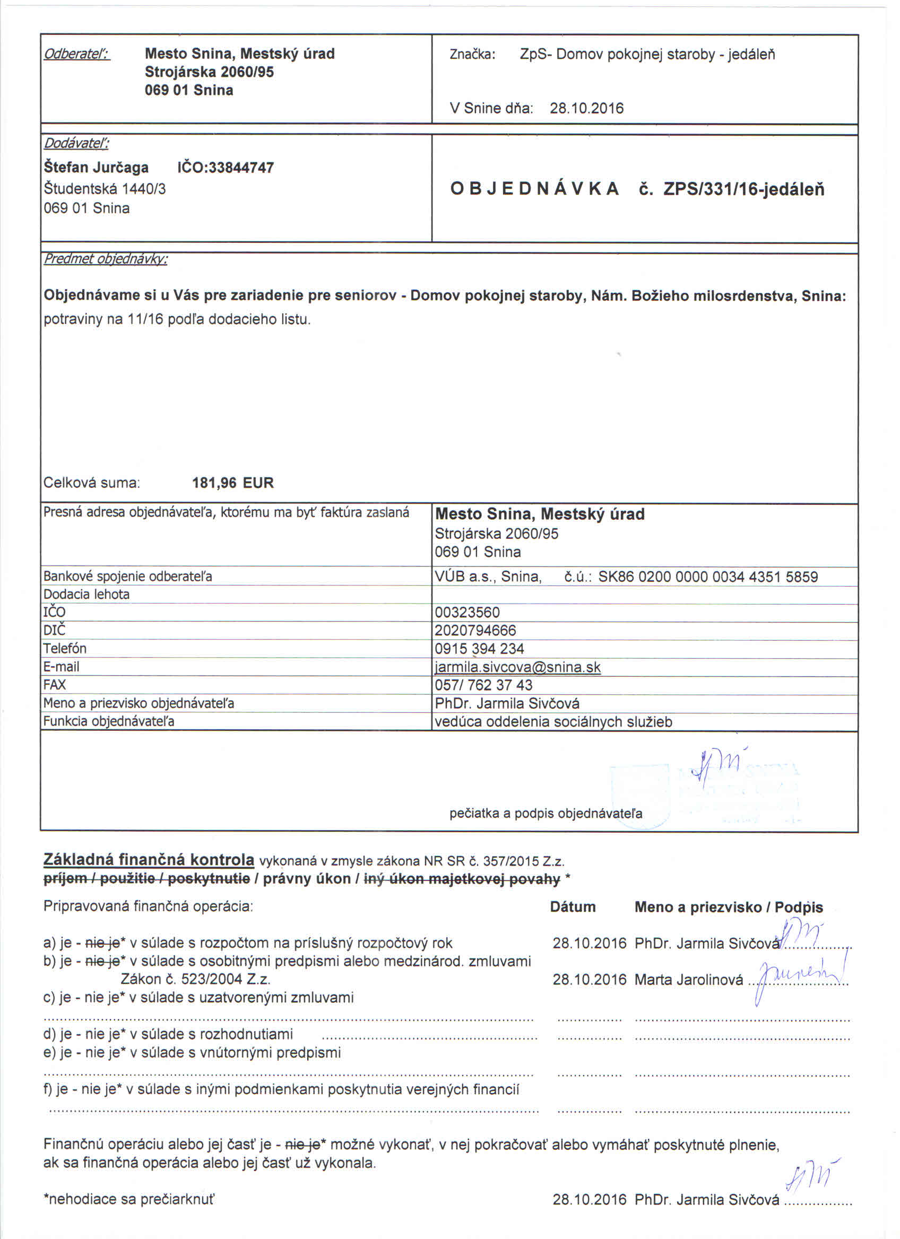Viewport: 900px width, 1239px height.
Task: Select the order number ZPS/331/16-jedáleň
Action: tap(743, 189)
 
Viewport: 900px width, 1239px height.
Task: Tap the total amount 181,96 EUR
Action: tap(233, 483)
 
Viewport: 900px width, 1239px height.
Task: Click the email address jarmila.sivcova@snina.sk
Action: tap(517, 667)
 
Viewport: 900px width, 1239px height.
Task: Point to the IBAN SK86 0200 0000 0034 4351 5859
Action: tap(708, 577)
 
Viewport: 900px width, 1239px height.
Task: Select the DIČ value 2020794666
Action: tap(475, 631)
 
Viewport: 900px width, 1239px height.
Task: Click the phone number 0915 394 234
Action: tap(479, 649)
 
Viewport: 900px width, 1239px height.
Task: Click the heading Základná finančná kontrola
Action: tap(149, 860)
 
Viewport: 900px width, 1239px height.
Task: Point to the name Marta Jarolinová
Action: tap(688, 980)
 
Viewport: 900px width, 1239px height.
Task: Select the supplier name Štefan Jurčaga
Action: tap(96, 168)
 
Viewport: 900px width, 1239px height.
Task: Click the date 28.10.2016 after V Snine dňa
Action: tap(586, 108)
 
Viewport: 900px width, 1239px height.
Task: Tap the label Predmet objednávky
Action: tap(106, 259)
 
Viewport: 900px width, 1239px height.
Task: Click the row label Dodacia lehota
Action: tap(86, 595)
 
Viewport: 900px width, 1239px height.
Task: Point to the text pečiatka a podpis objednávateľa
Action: tap(546, 814)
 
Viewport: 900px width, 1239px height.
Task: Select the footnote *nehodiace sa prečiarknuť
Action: tap(129, 1199)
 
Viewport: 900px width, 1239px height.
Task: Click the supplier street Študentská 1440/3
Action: tap(105, 189)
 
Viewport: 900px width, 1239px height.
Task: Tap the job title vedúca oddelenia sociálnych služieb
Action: tap(553, 722)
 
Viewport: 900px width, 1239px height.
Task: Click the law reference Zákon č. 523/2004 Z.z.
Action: tap(196, 980)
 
